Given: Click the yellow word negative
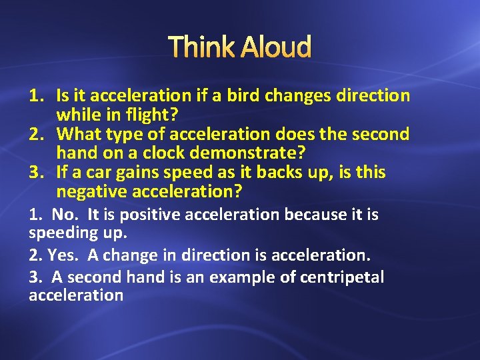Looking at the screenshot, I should [x=92, y=192].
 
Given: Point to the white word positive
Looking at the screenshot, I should [x=144, y=215].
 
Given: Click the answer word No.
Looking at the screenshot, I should [x=65, y=215].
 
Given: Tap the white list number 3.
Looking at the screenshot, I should [x=34, y=277].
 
